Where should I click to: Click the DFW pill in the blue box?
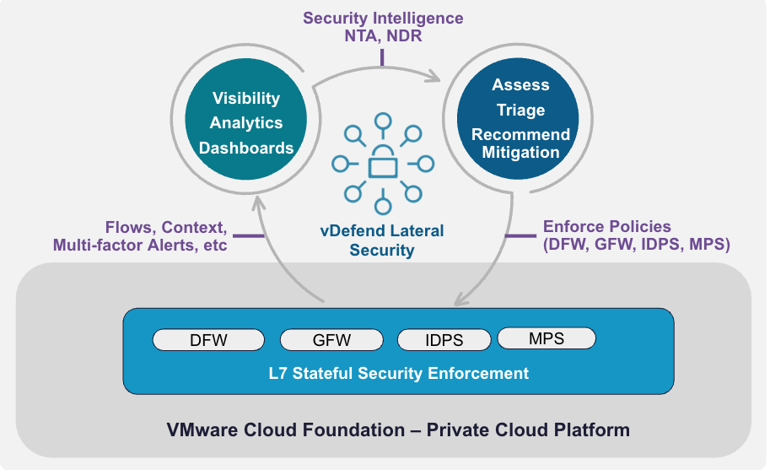coord(208,341)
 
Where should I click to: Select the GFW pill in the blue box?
coord(331,341)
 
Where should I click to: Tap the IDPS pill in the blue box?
coord(444,341)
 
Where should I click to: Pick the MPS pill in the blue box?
coord(547,338)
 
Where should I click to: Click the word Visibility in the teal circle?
coord(246,99)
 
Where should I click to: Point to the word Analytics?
coord(246,123)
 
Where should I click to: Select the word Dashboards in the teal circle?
coord(246,148)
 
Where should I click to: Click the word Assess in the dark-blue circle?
coord(520,85)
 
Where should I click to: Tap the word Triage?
coord(520,110)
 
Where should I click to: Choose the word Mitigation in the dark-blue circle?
coord(520,153)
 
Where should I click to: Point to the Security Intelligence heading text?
coord(383,18)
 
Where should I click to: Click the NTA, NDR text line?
coord(383,37)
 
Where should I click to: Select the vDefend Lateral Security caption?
coord(383,240)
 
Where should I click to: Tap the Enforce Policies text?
coord(607,226)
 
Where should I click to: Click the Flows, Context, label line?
coord(165,227)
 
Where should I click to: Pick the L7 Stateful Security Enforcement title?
coord(399,373)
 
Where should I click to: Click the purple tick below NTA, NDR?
coord(382,57)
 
